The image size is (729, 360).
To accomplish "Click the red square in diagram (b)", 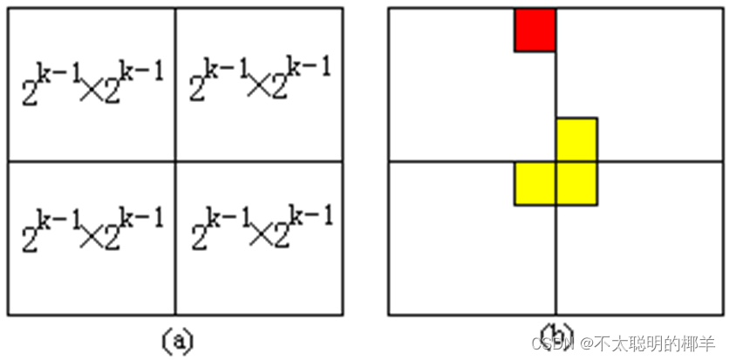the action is coord(535,30).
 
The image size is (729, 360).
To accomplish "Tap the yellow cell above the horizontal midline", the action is coord(576,139).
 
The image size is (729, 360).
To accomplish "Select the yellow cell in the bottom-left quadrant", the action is coord(535,183).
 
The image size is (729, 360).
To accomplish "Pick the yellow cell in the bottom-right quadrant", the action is coord(576,183).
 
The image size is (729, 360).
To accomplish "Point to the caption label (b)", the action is coord(555,336).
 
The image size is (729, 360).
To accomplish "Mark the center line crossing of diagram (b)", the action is coord(556,161).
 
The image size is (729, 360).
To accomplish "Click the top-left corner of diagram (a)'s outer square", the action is coord(9,9).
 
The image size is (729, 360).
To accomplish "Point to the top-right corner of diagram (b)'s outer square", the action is coord(723,9).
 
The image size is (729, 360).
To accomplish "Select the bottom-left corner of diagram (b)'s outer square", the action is coord(389,315).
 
